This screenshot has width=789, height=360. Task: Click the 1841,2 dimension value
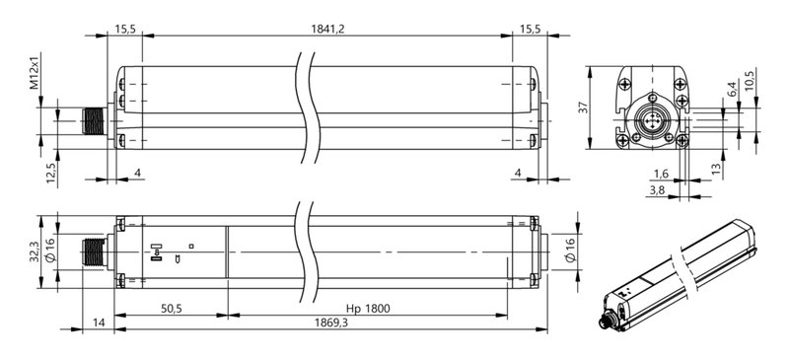click(327, 29)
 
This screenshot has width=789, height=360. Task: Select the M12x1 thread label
click(35, 70)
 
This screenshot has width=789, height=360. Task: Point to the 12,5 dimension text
click(50, 173)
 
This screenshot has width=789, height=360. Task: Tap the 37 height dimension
click(583, 108)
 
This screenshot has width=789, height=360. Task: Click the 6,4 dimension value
click(733, 89)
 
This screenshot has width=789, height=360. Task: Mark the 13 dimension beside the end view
click(717, 168)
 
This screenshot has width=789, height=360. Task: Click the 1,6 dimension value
click(661, 174)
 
